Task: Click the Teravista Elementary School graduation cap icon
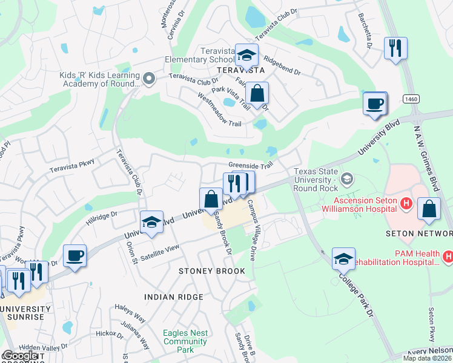pos(246,56)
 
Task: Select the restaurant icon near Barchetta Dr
pos(395,48)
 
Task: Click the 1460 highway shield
pos(412,99)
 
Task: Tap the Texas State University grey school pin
pos(347,178)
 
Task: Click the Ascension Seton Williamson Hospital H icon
pos(407,206)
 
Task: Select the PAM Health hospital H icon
pos(448,257)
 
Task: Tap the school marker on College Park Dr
pos(343,259)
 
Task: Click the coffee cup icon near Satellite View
pos(74,256)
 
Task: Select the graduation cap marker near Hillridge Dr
pos(151,222)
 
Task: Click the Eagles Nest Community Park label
pos(185,341)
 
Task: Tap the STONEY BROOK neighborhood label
pos(212,271)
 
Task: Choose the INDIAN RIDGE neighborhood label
pos(173,296)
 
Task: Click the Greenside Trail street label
pos(251,165)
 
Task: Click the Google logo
pos(20,356)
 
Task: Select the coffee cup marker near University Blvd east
pos(375,103)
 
